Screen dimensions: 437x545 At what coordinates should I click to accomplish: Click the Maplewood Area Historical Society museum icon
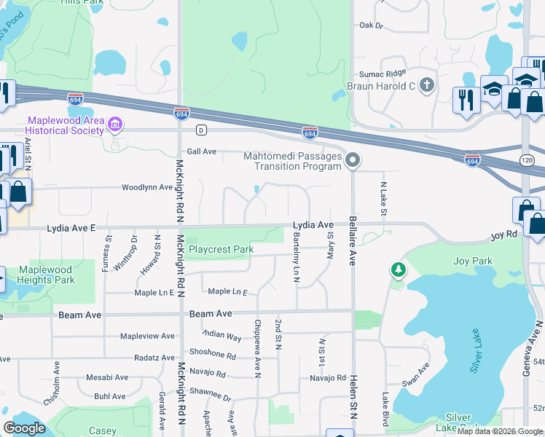tap(115, 125)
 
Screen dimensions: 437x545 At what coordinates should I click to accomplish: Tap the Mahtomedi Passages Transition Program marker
tap(353, 160)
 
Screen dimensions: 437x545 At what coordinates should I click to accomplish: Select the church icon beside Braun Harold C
tap(427, 86)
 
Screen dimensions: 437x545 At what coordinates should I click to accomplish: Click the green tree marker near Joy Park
tap(399, 271)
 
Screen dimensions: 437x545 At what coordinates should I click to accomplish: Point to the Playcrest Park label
tap(221, 249)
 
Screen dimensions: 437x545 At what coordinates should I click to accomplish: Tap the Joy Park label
tap(472, 261)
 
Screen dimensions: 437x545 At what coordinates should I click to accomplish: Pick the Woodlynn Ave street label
tap(146, 187)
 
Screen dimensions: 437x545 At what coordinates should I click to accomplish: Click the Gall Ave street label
tap(202, 151)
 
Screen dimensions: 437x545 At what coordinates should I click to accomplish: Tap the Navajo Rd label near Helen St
tap(327, 378)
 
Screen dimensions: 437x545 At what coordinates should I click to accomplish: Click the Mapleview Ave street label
tap(147, 336)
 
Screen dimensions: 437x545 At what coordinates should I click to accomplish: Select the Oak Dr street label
tap(371, 25)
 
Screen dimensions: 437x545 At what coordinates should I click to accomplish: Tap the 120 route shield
tap(526, 159)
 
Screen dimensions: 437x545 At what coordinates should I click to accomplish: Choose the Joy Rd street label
tap(503, 236)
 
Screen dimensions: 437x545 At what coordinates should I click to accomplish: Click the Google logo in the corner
tap(25, 428)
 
